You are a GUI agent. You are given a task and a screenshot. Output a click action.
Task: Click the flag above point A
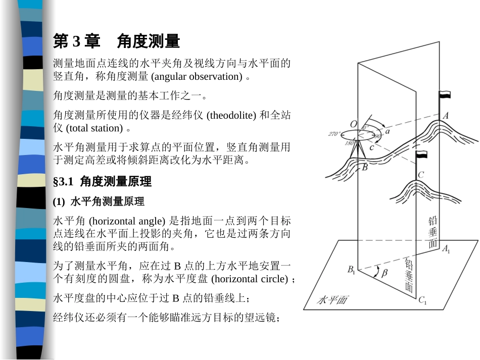(x=444, y=95)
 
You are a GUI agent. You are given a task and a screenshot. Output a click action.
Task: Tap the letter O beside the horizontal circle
(x=353, y=124)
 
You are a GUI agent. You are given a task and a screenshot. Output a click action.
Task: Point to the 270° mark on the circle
(x=333, y=134)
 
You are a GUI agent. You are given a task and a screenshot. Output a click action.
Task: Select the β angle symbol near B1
(x=384, y=273)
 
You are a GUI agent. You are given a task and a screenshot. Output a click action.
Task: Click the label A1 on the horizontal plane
(x=447, y=248)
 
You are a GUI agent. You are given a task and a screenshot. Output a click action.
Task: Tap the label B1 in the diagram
(x=351, y=270)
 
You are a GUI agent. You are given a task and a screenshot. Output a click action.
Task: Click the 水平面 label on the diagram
(x=332, y=300)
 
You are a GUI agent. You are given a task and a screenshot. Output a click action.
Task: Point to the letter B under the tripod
(x=364, y=167)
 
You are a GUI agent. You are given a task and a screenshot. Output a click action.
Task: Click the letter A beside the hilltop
(x=445, y=116)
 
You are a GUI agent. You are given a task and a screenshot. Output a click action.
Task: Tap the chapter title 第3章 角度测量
(x=117, y=41)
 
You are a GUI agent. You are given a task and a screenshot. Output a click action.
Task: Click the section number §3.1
(x=65, y=181)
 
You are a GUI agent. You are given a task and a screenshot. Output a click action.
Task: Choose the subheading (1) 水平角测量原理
(x=99, y=201)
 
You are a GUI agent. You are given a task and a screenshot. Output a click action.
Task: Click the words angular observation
(x=197, y=76)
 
